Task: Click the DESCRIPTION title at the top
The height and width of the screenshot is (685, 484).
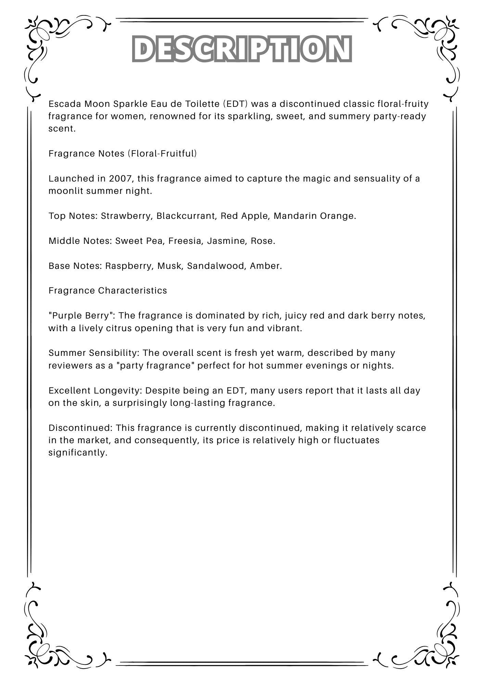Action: pos(242,49)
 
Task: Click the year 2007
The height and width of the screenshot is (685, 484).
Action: pos(120,178)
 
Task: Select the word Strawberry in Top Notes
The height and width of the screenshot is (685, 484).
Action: pos(126,216)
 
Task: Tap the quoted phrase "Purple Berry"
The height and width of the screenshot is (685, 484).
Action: pos(81,315)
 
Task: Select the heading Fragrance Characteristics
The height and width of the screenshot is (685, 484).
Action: pos(108,290)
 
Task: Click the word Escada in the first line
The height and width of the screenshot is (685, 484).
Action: pos(65,104)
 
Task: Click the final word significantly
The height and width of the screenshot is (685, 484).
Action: pos(78,452)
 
